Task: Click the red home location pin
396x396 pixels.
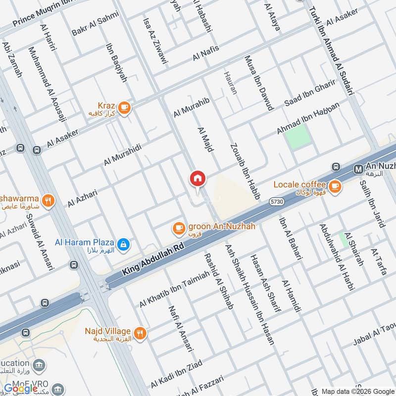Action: [x=198, y=179]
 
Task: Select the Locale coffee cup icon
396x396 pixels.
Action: [x=336, y=186]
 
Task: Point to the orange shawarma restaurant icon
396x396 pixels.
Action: [x=48, y=200]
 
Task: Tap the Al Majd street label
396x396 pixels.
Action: [x=205, y=140]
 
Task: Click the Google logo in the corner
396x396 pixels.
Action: [x=21, y=389]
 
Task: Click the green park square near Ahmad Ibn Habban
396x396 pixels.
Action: [x=299, y=136]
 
